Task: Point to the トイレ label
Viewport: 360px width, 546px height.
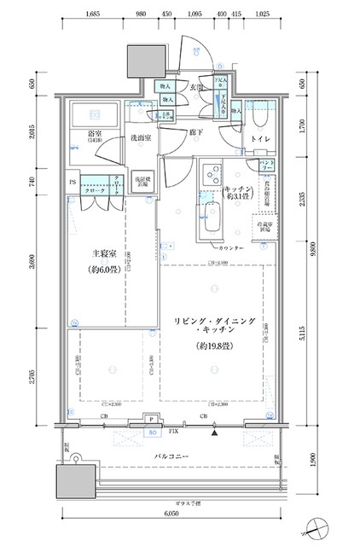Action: (x=259, y=136)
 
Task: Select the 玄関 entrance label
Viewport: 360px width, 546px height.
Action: (x=197, y=87)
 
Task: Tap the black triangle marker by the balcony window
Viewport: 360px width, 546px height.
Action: (x=215, y=433)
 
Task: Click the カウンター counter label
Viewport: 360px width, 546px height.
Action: (x=230, y=247)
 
